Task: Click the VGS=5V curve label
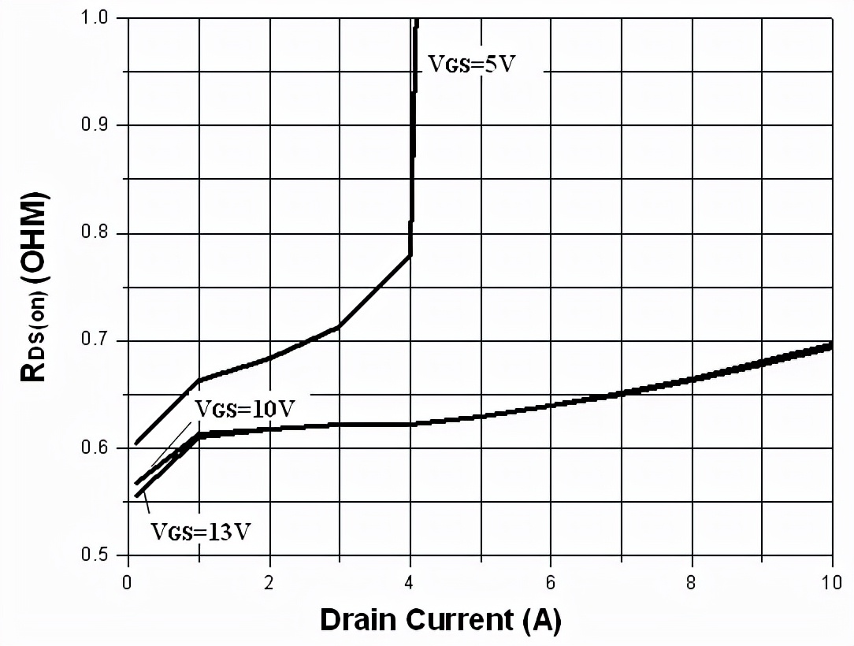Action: click(x=471, y=64)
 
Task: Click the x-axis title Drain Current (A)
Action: click(x=440, y=620)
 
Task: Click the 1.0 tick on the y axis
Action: click(x=98, y=18)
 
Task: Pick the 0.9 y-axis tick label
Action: click(x=98, y=126)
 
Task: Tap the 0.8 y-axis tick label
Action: click(x=98, y=234)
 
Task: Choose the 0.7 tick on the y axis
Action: click(x=98, y=341)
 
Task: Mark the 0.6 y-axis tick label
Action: click(x=98, y=449)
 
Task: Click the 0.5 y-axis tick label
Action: click(x=98, y=556)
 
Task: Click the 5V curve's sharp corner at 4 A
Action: click(x=410, y=254)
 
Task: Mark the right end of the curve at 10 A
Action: click(x=831, y=345)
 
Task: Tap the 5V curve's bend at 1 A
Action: click(x=199, y=380)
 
